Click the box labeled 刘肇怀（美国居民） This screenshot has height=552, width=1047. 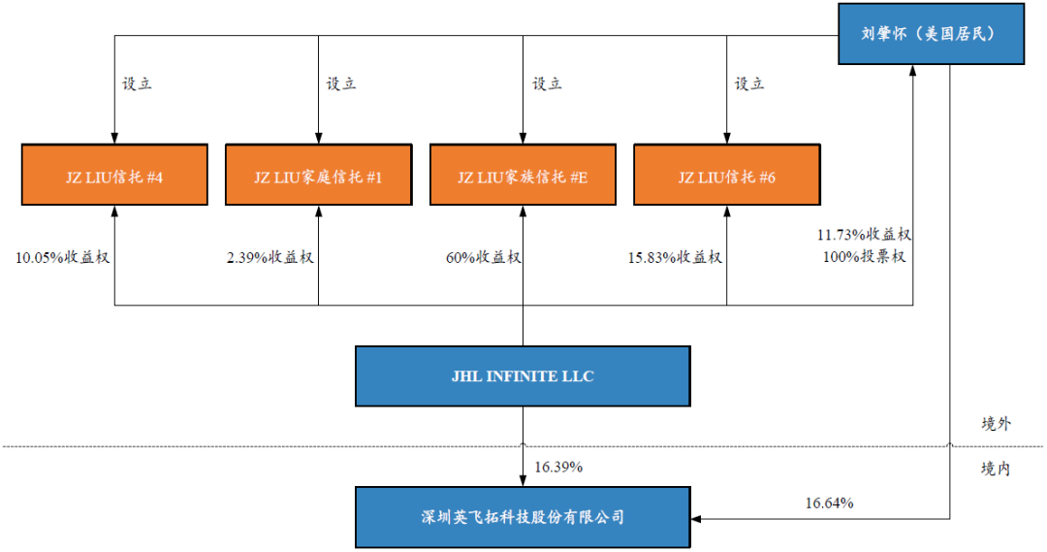click(931, 35)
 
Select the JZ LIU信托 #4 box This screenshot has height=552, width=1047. click(114, 176)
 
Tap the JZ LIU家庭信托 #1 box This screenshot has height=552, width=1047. click(318, 176)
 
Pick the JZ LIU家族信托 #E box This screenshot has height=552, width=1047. click(523, 176)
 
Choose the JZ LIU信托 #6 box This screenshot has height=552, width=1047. click(726, 176)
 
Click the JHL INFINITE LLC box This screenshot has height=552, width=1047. click(523, 375)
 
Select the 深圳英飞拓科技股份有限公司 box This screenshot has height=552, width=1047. click(523, 517)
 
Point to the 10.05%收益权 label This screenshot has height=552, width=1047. click(56, 257)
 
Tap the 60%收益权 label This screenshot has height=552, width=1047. click(483, 257)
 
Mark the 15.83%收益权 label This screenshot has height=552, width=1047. click(676, 257)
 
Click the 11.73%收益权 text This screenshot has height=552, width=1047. click(865, 235)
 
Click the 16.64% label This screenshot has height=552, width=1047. click(829, 503)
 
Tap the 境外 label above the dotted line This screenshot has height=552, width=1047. click(996, 424)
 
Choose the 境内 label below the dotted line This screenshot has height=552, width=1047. click(996, 469)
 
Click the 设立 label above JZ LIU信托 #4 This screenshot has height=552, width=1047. click(137, 83)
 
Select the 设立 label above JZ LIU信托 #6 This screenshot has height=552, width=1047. click(749, 83)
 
